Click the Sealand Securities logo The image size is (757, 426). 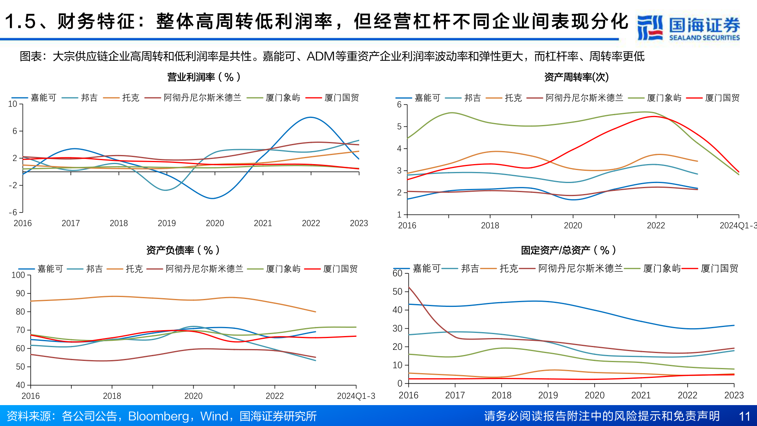pyautogui.click(x=688, y=28)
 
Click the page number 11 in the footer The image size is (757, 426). pyautogui.click(x=744, y=416)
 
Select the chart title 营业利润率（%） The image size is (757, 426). pyautogui.click(x=204, y=77)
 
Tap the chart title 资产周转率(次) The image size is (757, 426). pyautogui.click(x=576, y=77)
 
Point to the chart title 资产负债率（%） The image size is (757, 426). pyautogui.click(x=183, y=250)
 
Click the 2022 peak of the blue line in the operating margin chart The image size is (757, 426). pyautogui.click(x=311, y=117)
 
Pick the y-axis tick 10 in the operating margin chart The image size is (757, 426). pyautogui.click(x=13, y=104)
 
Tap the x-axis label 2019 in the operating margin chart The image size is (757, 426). pyautogui.click(x=167, y=223)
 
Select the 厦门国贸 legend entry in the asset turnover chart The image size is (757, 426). pyautogui.click(x=722, y=98)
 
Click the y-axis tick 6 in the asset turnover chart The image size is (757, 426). pyautogui.click(x=399, y=105)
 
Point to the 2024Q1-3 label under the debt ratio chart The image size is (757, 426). pyautogui.click(x=356, y=396)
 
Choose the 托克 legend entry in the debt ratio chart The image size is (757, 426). pyautogui.click(x=134, y=269)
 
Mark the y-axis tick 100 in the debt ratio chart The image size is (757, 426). pyautogui.click(x=18, y=275)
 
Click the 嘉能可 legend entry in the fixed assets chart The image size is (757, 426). pyautogui.click(x=426, y=269)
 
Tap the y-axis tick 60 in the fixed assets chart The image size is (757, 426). pyautogui.click(x=397, y=273)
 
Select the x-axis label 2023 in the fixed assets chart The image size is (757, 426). pyautogui.click(x=734, y=395)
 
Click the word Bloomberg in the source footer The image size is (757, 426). pyautogui.click(x=158, y=416)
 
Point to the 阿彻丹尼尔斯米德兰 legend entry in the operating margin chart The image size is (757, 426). pyautogui.click(x=202, y=98)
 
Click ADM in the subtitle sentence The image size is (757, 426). pyautogui.click(x=320, y=56)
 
